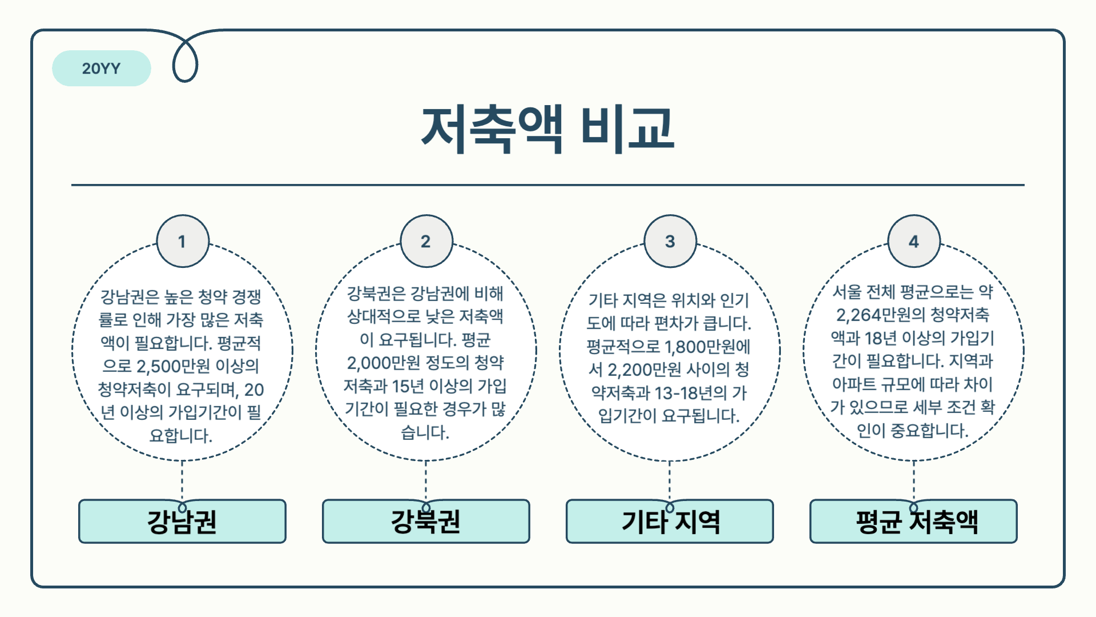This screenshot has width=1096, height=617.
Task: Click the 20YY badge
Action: (x=101, y=69)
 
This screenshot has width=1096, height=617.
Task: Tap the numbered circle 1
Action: (x=182, y=241)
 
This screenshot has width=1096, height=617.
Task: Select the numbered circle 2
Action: (x=426, y=241)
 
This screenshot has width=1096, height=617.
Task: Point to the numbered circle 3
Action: (x=670, y=241)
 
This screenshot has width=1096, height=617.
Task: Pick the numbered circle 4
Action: (x=913, y=241)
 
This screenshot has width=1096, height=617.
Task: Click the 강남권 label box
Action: (x=182, y=522)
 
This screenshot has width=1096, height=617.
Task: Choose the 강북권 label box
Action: (x=426, y=522)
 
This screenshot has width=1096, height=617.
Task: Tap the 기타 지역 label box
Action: (x=670, y=522)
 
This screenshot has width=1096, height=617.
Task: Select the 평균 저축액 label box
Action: (x=913, y=522)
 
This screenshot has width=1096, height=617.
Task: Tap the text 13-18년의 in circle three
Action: (x=691, y=393)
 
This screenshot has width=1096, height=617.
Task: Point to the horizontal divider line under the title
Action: (x=547, y=185)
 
